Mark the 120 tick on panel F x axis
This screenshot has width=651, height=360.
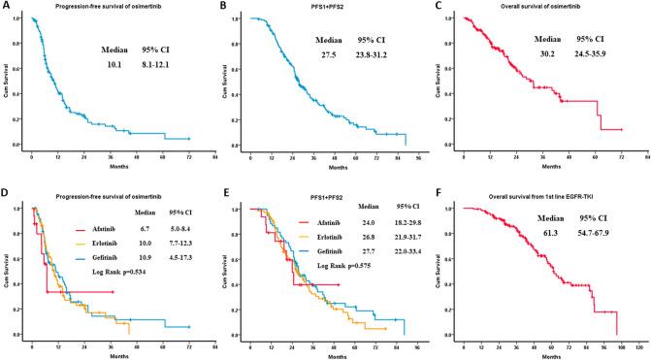click(x=637, y=345)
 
